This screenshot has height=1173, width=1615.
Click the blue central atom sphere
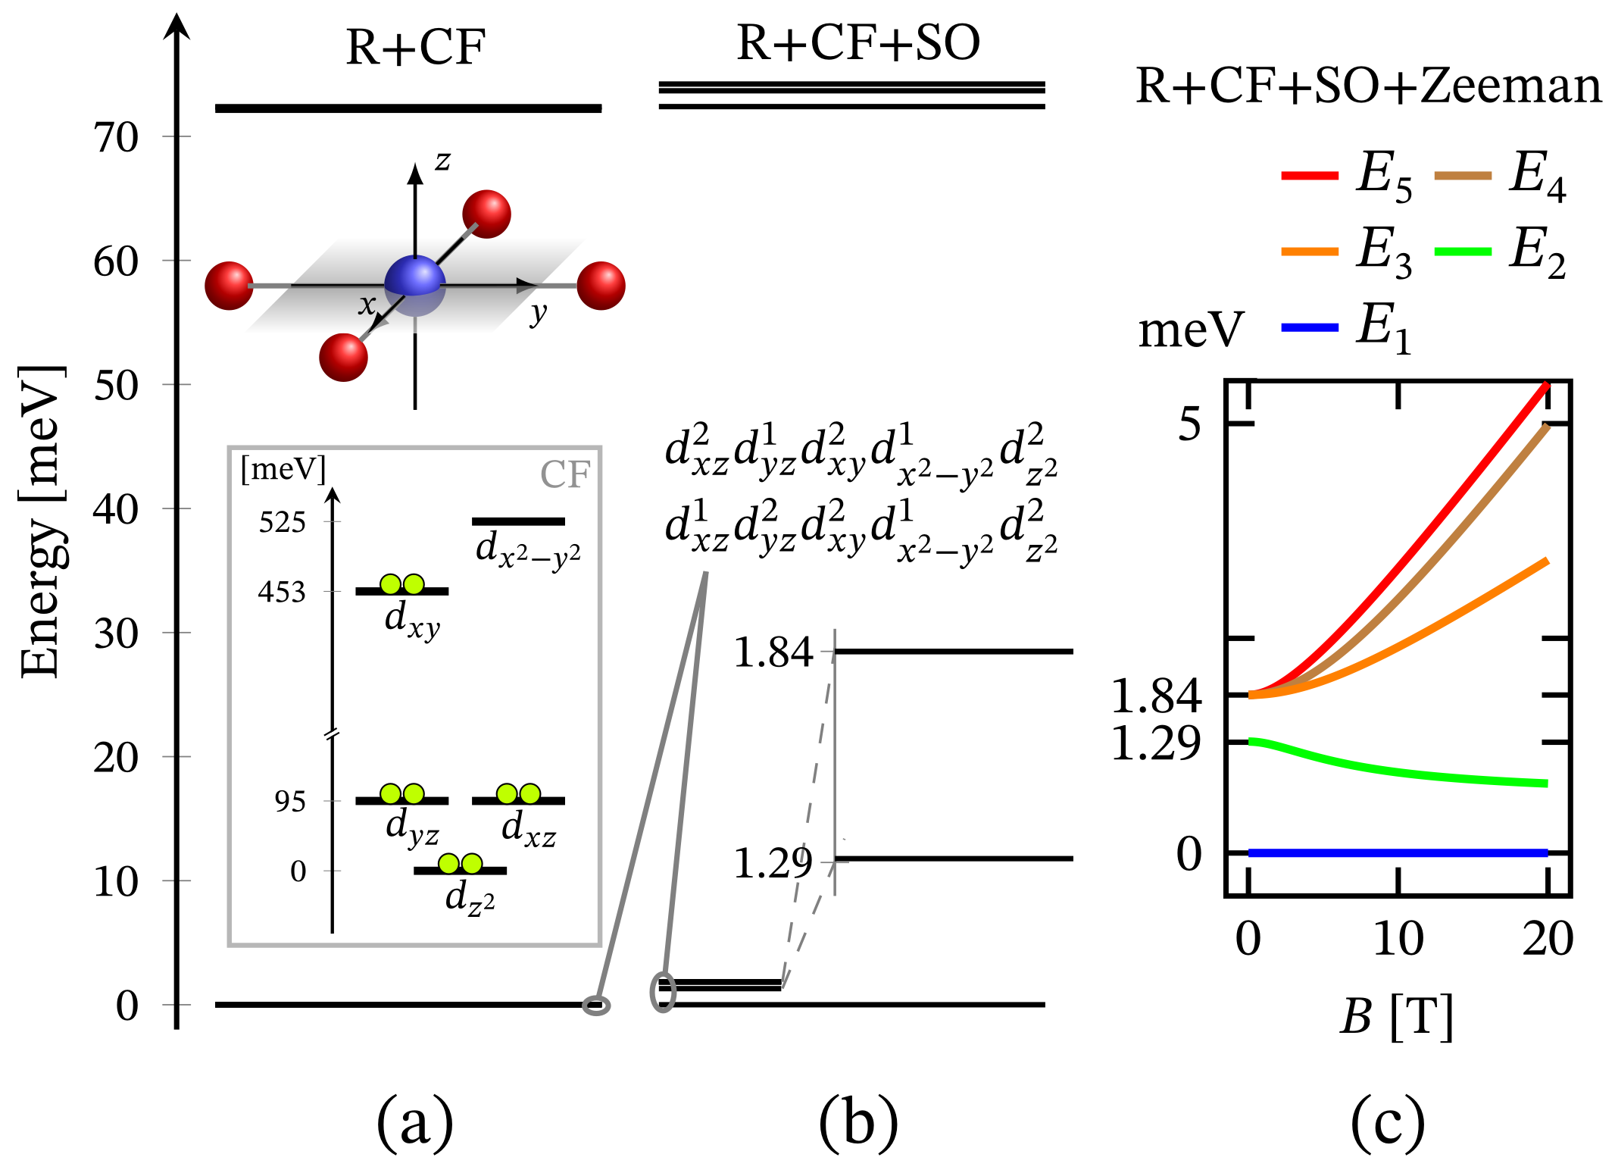[414, 284]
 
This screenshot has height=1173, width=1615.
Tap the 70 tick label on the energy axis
[116, 138]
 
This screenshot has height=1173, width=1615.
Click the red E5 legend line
[1309, 175]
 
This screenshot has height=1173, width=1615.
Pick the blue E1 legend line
[1309, 327]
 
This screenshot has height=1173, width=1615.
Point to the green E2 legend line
[1463, 252]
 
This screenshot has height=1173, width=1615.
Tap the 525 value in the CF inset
[282, 522]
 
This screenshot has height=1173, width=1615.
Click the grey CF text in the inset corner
[564, 475]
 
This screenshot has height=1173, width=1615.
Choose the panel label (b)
[858, 1123]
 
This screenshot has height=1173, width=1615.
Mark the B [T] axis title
[1396, 1016]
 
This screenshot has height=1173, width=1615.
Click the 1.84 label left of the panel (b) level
[773, 652]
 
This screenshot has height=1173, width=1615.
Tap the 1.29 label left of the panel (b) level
[773, 863]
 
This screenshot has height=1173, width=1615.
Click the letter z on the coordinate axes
[442, 161]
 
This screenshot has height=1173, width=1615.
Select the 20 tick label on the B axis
[1548, 939]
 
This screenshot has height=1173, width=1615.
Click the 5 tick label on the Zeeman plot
[1189, 424]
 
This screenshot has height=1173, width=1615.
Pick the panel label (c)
[1387, 1123]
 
